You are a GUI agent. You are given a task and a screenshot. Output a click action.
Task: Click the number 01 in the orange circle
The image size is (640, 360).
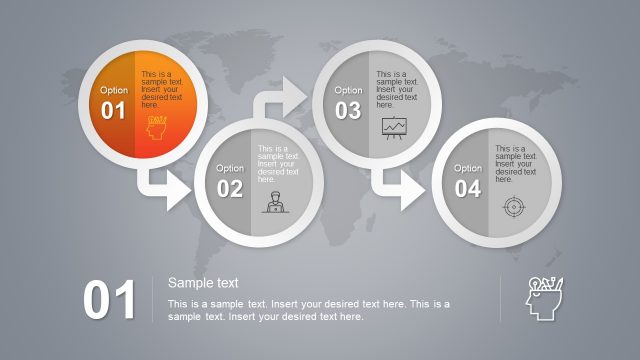click(113, 111)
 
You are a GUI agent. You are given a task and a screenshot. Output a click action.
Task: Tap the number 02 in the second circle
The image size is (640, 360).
click(230, 188)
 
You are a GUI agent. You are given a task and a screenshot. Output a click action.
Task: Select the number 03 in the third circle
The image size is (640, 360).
click(347, 111)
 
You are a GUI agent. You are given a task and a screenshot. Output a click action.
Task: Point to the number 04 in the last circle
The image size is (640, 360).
click(468, 188)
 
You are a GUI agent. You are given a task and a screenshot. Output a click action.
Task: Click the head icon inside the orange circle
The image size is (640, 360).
click(157, 128)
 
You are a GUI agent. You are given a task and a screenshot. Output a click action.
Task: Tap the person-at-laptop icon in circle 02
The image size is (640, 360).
click(272, 203)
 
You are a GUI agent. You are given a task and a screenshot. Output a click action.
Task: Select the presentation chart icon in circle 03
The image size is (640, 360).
click(394, 126)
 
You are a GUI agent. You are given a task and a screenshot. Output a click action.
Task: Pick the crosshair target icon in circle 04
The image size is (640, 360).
click(512, 207)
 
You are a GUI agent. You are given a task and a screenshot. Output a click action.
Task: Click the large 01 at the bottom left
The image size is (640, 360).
click(109, 301)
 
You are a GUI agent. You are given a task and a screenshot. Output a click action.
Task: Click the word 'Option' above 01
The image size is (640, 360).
click(114, 90)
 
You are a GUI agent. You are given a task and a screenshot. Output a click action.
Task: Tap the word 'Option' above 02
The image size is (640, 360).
click(230, 168)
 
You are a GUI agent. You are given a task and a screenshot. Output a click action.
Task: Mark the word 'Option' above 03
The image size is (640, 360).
click(348, 90)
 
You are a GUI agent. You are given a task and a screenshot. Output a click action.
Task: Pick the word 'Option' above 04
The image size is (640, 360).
click(468, 168)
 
